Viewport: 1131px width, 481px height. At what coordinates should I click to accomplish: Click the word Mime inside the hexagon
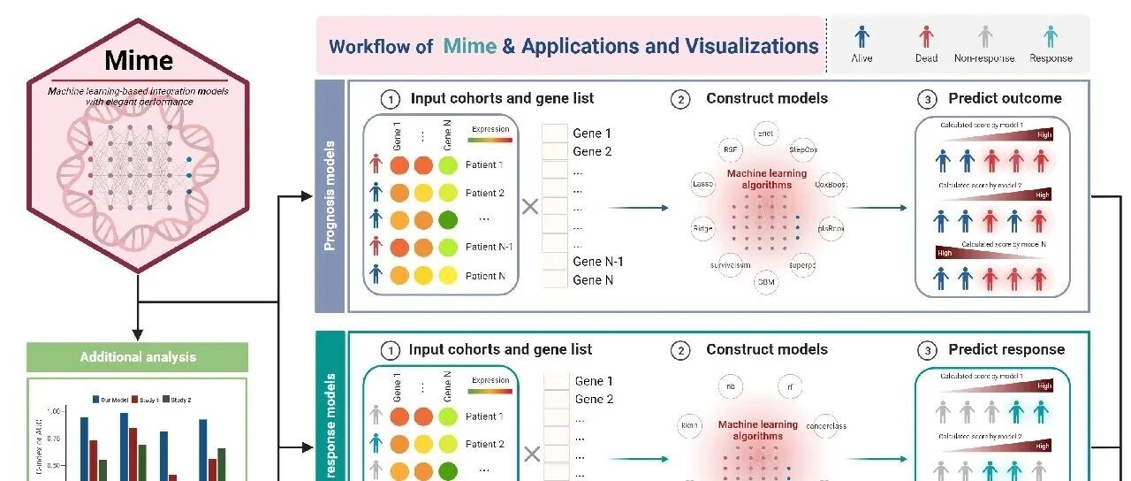coord(138,61)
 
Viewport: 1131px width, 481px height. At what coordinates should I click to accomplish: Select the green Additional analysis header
coord(138,357)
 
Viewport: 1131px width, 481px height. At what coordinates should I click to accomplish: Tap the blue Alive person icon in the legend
coord(862,36)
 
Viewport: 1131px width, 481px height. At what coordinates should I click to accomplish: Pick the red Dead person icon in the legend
coord(925,36)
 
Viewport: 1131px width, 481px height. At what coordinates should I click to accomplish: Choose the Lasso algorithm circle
coord(703,185)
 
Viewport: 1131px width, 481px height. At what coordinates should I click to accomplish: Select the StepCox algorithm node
coord(803,150)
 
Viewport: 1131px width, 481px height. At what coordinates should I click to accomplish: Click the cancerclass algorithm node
coord(827,425)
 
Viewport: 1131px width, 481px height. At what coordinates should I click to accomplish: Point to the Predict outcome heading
coord(1005,99)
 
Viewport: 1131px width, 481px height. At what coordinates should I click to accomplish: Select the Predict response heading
coord(1006,350)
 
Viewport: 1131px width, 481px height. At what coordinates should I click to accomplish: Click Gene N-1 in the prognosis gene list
coord(597,262)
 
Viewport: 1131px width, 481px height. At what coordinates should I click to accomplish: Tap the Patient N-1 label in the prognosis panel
coord(489,247)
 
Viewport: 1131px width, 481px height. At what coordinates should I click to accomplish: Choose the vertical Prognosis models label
coord(330,195)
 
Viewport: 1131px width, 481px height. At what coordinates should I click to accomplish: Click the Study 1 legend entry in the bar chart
coord(152,400)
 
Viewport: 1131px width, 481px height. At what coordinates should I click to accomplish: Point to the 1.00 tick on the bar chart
coord(54,412)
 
